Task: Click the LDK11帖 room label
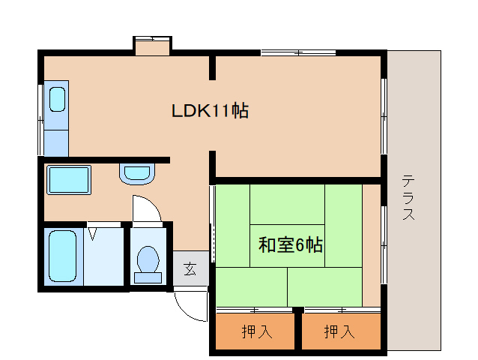coord(210,111)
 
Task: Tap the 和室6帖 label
coord(291,244)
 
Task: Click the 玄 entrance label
coord(190,268)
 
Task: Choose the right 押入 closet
coord(339,331)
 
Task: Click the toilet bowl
coord(148,262)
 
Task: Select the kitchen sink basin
coord(57,98)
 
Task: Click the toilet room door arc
coord(145,208)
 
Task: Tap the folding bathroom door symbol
coord(93,232)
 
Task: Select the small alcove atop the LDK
coord(152,46)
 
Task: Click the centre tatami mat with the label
coord(288,244)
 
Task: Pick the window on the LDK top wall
coord(297,52)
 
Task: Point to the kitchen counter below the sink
coord(56,139)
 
